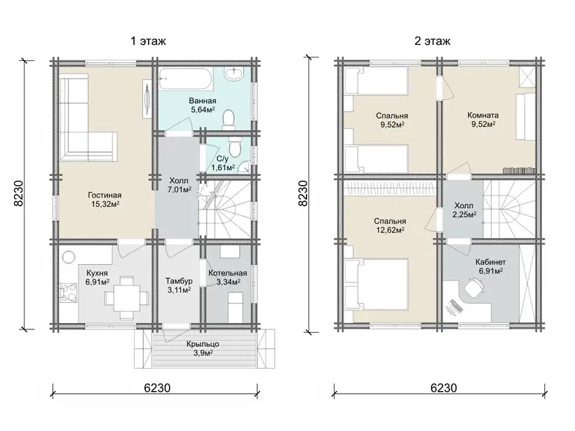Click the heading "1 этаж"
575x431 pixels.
click(x=148, y=41)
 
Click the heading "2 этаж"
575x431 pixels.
click(x=433, y=41)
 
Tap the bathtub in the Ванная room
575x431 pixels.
click(x=186, y=79)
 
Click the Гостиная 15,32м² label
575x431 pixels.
click(x=104, y=200)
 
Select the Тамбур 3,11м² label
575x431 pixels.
click(x=179, y=285)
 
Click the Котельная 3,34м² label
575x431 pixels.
click(x=227, y=278)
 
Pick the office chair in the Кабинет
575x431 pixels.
click(x=475, y=286)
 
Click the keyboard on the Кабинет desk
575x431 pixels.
click(x=454, y=307)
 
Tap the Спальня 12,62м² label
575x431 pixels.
click(x=389, y=226)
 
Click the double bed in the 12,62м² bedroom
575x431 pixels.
click(x=377, y=285)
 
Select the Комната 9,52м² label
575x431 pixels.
click(x=483, y=119)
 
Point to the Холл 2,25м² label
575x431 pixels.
click(x=464, y=210)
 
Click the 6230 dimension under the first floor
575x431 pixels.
click(x=157, y=388)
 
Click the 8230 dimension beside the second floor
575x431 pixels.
click(x=303, y=193)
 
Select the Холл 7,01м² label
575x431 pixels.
click(x=179, y=185)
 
